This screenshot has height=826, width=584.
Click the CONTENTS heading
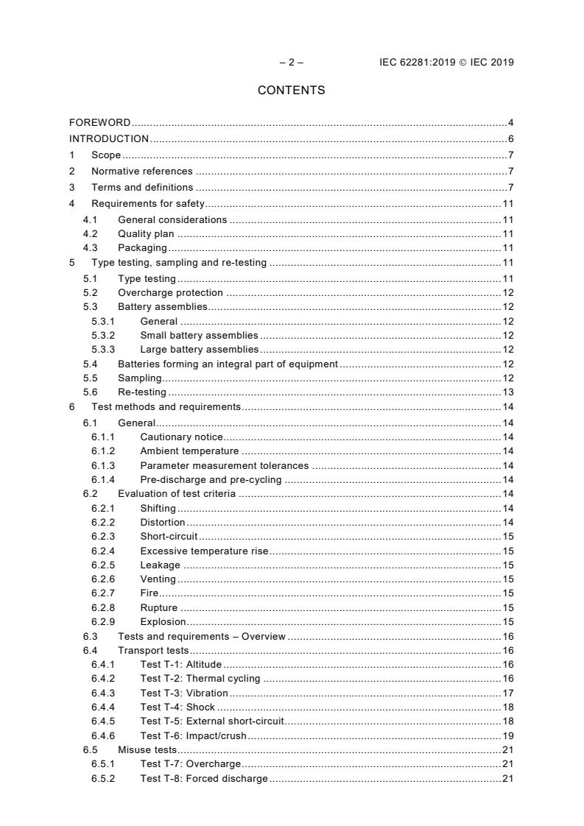[291, 91]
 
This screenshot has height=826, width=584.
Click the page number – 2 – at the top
[291, 63]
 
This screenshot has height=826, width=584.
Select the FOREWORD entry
[100, 123]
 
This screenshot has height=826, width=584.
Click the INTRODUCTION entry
[109, 139]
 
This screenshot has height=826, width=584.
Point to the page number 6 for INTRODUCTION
[510, 139]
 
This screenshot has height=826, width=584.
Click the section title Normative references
[142, 172]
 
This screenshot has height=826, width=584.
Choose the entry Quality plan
[146, 234]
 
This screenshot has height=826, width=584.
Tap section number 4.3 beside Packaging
[91, 248]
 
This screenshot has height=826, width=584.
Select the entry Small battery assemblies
[199, 335]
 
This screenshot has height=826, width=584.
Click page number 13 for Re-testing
[507, 392]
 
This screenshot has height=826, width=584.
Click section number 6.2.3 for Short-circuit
[102, 537]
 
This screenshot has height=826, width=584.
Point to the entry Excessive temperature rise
[205, 551]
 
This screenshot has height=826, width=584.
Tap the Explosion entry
[163, 622]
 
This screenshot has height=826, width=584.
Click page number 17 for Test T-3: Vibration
[507, 693]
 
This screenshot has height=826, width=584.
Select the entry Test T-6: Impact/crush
[194, 736]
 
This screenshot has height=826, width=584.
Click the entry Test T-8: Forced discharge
[204, 779]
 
